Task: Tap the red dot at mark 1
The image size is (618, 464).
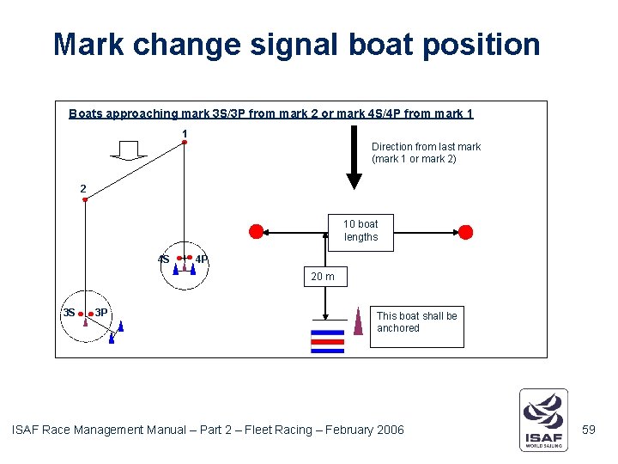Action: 185,143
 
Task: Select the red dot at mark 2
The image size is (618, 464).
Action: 85,200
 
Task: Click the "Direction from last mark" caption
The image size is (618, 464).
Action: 426,153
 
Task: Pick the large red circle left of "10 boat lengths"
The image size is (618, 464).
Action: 256,231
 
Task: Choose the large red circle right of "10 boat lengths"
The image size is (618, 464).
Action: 465,231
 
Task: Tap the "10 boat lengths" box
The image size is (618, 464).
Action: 360,231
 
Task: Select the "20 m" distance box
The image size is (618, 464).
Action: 323,277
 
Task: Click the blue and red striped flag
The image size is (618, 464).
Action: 327,341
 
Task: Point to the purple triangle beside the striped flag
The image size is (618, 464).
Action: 358,321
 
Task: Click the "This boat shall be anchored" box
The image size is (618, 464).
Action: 416,322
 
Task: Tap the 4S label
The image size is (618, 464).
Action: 163,259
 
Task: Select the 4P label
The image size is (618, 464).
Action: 202,259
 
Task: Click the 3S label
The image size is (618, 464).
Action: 69,313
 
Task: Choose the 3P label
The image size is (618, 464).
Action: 101,313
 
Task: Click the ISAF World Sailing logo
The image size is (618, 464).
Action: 543,419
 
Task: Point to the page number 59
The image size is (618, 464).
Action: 588,429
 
